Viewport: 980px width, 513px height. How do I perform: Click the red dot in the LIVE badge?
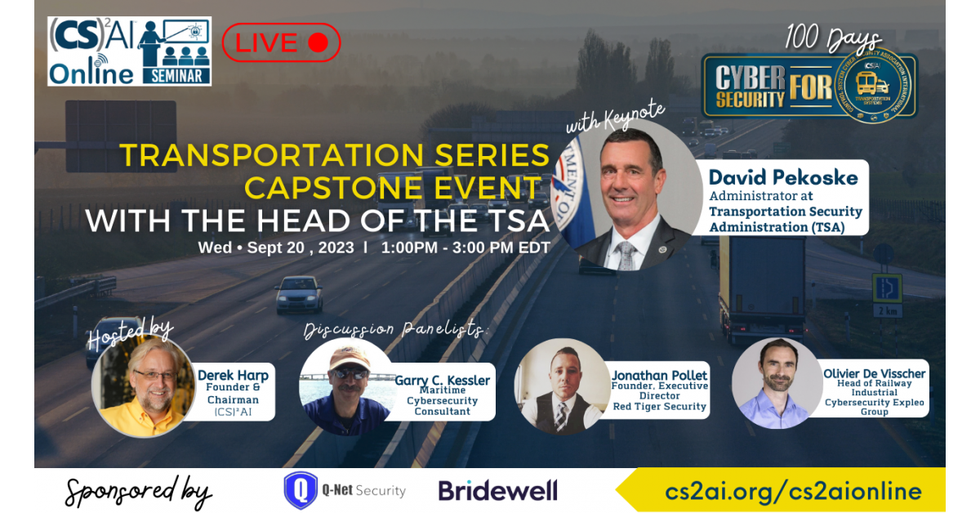[x=318, y=43]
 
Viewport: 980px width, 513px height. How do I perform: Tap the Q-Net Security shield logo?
[x=301, y=490]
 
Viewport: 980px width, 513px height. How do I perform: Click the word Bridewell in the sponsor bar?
[x=498, y=490]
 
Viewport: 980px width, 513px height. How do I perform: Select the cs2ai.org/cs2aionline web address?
[x=793, y=491]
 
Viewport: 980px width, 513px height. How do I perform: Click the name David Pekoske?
[x=783, y=178]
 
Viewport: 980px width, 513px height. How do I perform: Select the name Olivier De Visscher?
[x=874, y=373]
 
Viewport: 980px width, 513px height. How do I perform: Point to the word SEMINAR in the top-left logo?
[x=176, y=76]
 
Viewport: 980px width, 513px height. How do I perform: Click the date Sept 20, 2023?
[x=301, y=248]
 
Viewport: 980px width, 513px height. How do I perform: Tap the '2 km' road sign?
[x=887, y=311]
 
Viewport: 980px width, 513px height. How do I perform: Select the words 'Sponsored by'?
[x=139, y=492]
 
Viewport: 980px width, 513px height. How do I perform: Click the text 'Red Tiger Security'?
[x=659, y=406]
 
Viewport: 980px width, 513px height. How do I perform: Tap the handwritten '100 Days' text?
[x=832, y=38]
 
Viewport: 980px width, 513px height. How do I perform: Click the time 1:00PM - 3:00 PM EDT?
[x=465, y=248]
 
